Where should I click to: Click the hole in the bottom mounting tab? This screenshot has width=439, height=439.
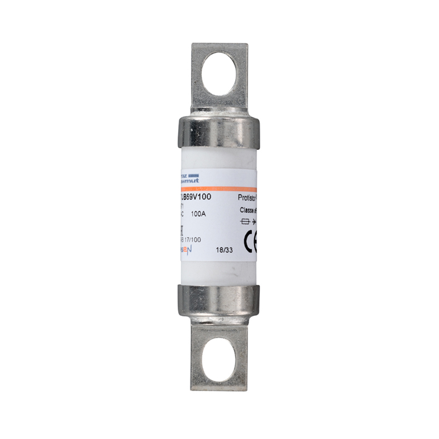(219, 359)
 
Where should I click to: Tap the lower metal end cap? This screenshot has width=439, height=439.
(219, 301)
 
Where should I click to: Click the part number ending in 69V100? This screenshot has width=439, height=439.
(196, 197)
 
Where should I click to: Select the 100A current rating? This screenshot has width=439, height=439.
(198, 214)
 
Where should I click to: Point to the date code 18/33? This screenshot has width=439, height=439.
(224, 250)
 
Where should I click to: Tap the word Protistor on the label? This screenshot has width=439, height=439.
(248, 198)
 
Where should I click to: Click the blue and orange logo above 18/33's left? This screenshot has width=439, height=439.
(185, 250)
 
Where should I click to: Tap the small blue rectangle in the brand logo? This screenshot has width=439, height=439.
(194, 175)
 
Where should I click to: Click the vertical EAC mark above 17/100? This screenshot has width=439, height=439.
(181, 229)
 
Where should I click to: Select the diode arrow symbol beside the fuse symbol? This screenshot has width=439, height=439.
(254, 222)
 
